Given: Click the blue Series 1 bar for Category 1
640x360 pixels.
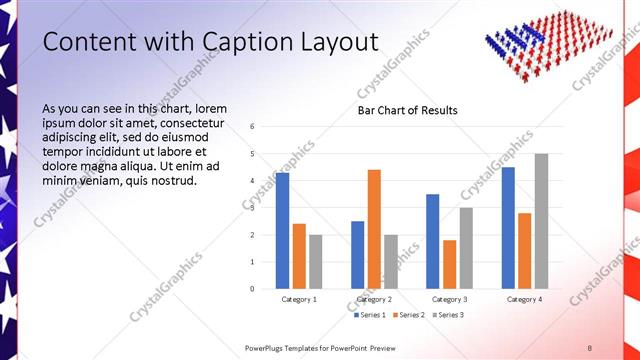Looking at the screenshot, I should tap(283, 230).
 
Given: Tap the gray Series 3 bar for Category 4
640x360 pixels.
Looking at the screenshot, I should tap(541, 221).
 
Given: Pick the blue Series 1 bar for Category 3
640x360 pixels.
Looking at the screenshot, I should tap(432, 241).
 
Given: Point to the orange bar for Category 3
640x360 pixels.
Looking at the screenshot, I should tap(449, 264).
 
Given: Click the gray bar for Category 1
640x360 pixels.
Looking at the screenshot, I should tap(316, 261).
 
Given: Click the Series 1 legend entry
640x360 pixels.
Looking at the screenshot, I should tap(371, 315).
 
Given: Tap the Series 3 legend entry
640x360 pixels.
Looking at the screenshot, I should tap(446, 315).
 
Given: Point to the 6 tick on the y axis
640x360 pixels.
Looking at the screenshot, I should tap(253, 127).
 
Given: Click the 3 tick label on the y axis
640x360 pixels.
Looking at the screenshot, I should tap(253, 208).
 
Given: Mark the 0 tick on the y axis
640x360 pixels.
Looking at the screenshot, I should tap(253, 289).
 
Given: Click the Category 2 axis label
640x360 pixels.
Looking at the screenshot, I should tap(374, 299).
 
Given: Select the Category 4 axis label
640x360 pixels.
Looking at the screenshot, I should tap(524, 299).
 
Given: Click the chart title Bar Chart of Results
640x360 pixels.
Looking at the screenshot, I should tap(407, 110).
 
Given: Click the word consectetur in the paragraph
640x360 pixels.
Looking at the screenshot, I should tap(194, 122).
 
